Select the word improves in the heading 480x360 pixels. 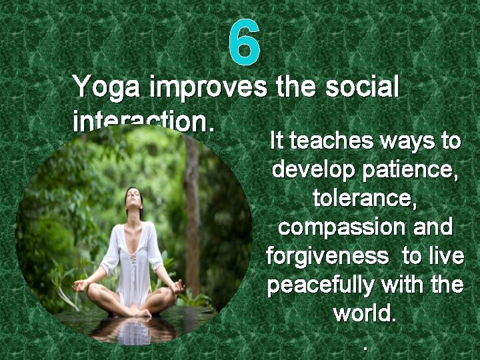(x=209, y=87)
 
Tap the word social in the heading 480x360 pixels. (x=363, y=87)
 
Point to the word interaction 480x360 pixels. (x=143, y=120)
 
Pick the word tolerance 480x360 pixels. (x=364, y=199)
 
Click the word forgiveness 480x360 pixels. (x=327, y=256)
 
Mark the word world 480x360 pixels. (x=364, y=313)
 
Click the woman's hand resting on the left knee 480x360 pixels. (x=81, y=285)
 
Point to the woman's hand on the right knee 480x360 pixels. (x=177, y=286)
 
